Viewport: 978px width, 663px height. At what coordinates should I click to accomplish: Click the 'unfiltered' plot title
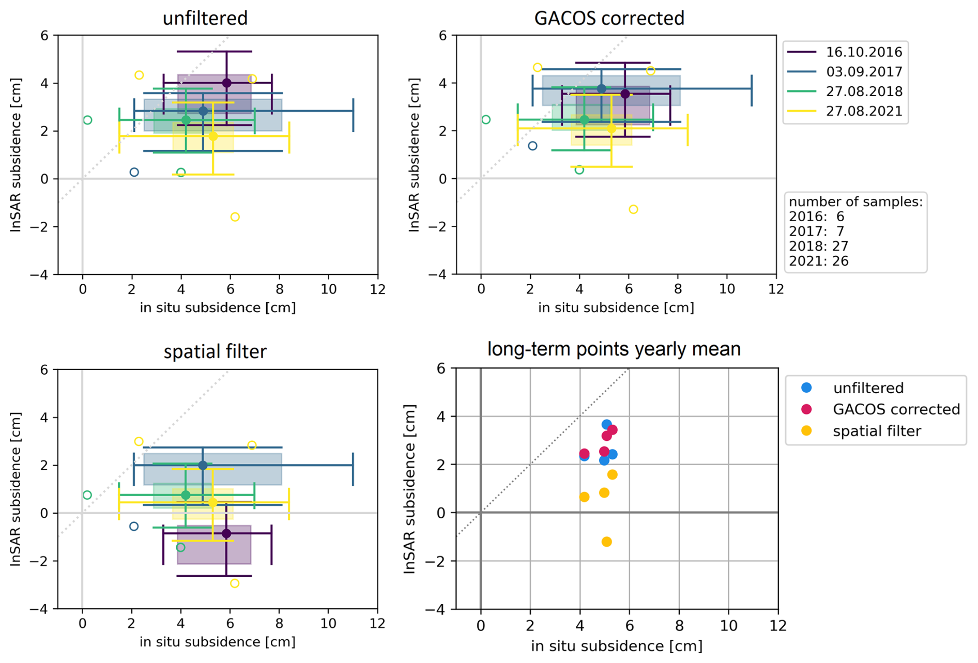click(x=205, y=18)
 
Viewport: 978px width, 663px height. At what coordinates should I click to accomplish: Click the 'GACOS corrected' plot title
click(x=609, y=18)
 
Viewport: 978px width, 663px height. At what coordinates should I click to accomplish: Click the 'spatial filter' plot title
click(x=215, y=351)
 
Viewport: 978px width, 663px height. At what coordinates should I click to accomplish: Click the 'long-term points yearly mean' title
click(x=614, y=349)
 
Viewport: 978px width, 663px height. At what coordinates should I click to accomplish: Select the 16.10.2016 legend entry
click(x=863, y=52)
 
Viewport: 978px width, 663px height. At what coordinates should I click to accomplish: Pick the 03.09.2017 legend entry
click(x=863, y=72)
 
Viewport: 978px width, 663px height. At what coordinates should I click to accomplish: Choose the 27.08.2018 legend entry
click(x=863, y=91)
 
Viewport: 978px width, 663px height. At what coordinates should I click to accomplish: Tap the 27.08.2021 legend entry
click(x=863, y=111)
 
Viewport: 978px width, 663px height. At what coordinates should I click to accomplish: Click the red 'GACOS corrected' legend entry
click(x=896, y=409)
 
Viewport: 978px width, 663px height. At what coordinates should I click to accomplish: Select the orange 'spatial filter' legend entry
click(x=877, y=431)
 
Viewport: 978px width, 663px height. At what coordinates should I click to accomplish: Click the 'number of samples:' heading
click(x=855, y=202)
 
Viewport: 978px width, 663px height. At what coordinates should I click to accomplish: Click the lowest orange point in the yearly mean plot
click(x=607, y=542)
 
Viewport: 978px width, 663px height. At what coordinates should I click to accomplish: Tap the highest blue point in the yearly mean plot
click(x=607, y=425)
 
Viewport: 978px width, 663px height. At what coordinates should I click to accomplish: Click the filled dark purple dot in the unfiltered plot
click(x=226, y=83)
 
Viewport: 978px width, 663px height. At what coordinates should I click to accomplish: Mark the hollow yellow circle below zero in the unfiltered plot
click(x=235, y=217)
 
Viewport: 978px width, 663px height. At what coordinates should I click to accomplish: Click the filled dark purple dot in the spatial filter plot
click(x=226, y=533)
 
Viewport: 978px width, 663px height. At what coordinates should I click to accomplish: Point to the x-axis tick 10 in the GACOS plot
click(x=727, y=289)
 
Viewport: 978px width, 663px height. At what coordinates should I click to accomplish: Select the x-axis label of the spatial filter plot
click(x=217, y=642)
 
